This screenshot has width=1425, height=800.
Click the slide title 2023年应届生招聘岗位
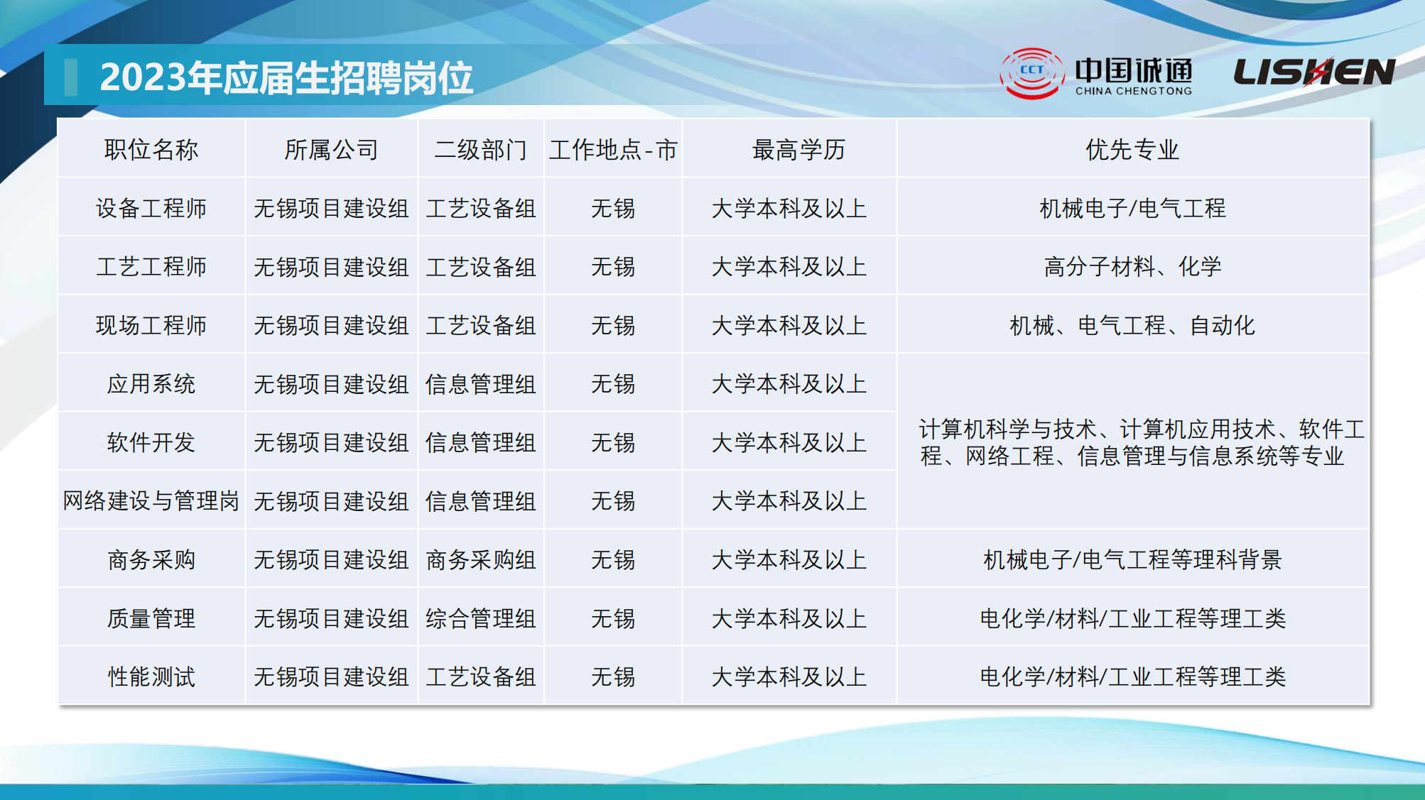click(x=286, y=77)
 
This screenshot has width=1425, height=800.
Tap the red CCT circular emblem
click(x=1031, y=73)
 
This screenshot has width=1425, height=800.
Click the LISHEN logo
click(x=1314, y=72)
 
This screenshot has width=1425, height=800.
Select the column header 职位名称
click(x=151, y=150)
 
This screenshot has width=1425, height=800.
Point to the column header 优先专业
click(x=1132, y=150)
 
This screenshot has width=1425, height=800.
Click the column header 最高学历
click(x=798, y=150)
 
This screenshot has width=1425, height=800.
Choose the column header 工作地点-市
click(x=613, y=150)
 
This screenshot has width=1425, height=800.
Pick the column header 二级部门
click(x=481, y=150)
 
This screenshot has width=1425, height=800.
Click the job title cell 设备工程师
click(x=151, y=209)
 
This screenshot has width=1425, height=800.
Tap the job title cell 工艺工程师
click(x=151, y=267)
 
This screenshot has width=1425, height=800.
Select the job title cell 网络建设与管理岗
click(x=151, y=501)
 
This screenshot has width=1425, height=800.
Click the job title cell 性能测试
click(x=151, y=676)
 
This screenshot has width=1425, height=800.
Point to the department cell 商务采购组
click(x=481, y=560)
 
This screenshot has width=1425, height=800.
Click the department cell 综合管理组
click(x=481, y=618)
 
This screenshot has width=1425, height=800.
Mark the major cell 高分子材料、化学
click(x=1132, y=267)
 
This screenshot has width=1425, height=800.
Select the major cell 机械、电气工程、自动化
click(x=1132, y=326)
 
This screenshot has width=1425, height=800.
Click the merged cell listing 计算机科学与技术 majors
click(x=1142, y=442)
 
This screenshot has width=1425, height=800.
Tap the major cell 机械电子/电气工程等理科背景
click(x=1132, y=560)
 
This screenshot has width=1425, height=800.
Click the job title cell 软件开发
click(x=151, y=443)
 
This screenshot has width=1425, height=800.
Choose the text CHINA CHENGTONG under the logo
click(x=1134, y=92)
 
